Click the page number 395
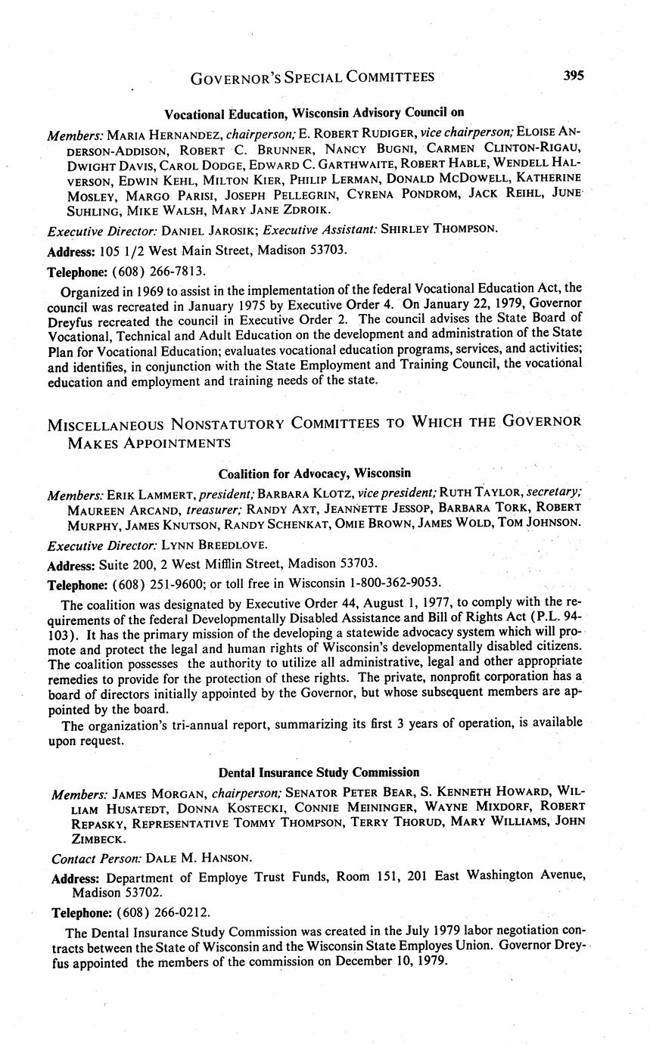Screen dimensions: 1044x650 click(573, 75)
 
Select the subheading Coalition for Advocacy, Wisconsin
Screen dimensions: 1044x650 click(314, 474)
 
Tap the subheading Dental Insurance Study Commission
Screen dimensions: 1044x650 click(319, 772)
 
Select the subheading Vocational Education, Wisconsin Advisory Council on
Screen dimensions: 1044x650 click(314, 114)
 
